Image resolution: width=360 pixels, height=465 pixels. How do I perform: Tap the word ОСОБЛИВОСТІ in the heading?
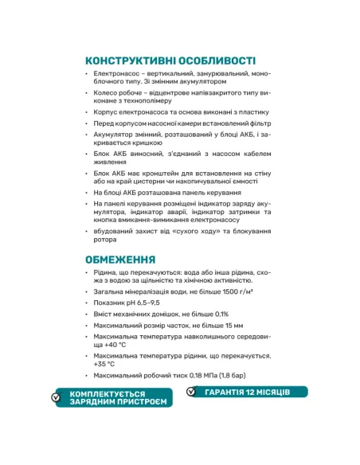coord(217,61)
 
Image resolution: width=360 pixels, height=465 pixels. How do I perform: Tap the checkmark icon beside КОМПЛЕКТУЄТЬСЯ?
coord(56,398)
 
